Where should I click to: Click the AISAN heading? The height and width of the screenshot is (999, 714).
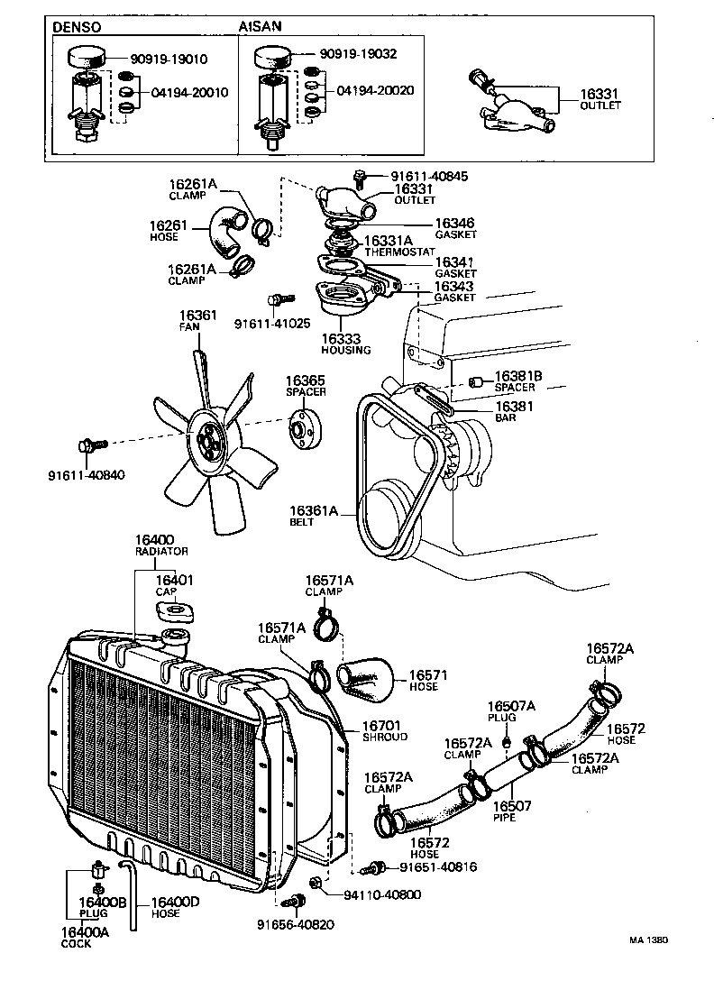pos(260,27)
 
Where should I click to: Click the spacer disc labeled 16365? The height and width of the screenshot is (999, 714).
pos(305,429)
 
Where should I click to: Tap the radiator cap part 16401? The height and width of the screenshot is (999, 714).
pos(176,611)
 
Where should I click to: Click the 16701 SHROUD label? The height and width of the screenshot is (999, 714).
pos(384,730)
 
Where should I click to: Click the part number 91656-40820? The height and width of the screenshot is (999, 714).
pos(296,924)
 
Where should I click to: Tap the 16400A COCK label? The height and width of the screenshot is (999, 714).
pos(85,938)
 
